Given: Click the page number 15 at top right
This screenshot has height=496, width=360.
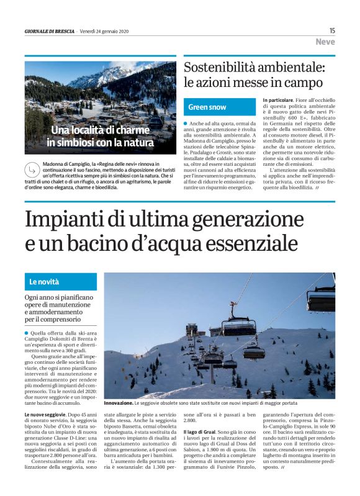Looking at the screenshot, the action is (332, 30).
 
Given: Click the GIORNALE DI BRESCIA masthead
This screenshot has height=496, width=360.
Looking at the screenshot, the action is (50, 31).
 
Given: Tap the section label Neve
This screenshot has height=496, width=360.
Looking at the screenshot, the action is (325, 42).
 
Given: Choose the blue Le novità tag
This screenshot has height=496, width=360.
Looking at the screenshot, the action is (45, 282).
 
